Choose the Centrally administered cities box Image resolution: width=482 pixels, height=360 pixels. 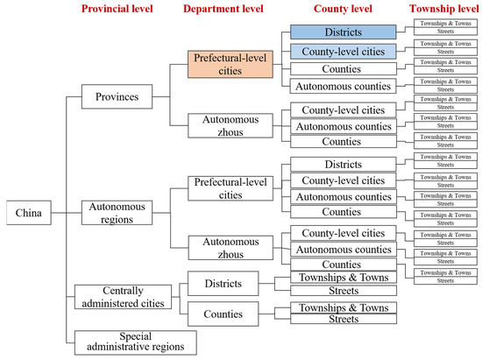coord(119,296)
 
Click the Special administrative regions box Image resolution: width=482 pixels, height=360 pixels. coord(134,340)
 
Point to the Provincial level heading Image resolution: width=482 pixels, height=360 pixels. coord(123,10)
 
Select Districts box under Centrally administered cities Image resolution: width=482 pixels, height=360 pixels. coord(224,283)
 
